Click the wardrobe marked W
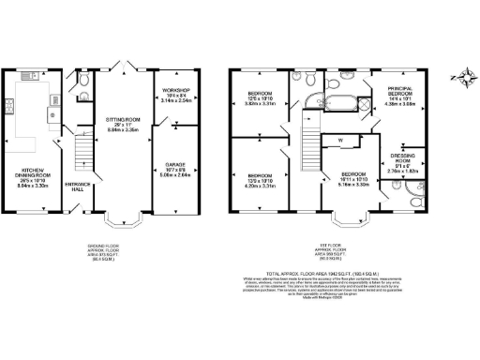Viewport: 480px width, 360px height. [x=341, y=142]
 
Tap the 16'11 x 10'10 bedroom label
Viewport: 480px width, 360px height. [x=352, y=179]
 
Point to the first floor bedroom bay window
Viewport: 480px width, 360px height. [x=352, y=221]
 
